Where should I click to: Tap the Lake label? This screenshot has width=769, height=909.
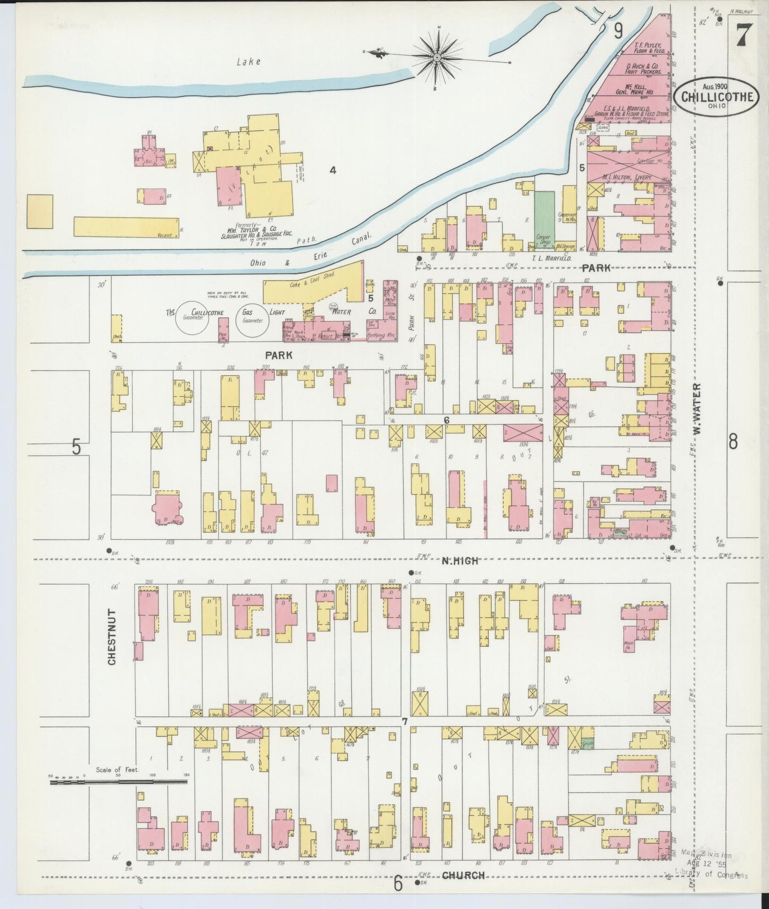[249, 62]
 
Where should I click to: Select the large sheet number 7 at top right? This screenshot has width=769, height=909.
[743, 36]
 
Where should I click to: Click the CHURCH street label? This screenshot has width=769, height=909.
[464, 875]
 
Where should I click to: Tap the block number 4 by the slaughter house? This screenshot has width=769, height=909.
[333, 170]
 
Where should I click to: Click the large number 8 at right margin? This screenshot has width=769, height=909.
[733, 441]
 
